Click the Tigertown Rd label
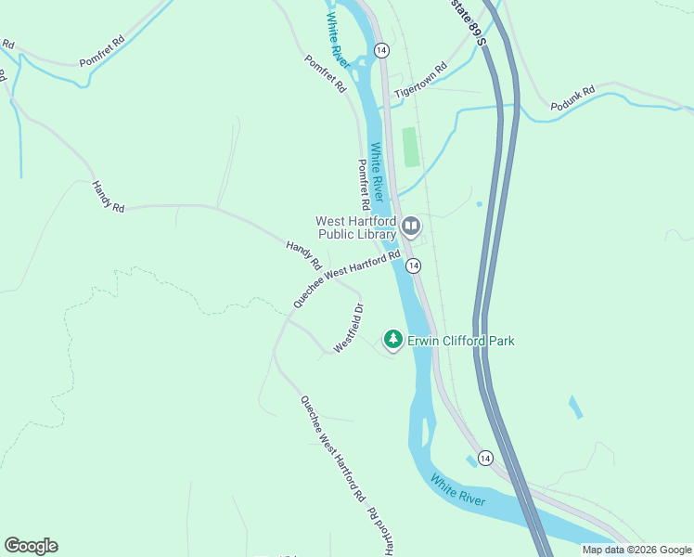[420, 81]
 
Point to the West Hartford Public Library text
[356, 227]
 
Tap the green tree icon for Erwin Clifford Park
[393, 341]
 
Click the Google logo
[31, 546]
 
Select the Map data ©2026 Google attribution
[636, 550]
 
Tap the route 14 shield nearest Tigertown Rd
[381, 48]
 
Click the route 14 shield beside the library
[414, 266]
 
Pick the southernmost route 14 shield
[484, 458]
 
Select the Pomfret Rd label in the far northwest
[102, 51]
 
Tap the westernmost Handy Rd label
[108, 197]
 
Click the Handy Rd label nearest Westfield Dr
[302, 251]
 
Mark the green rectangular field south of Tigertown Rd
[410, 148]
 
